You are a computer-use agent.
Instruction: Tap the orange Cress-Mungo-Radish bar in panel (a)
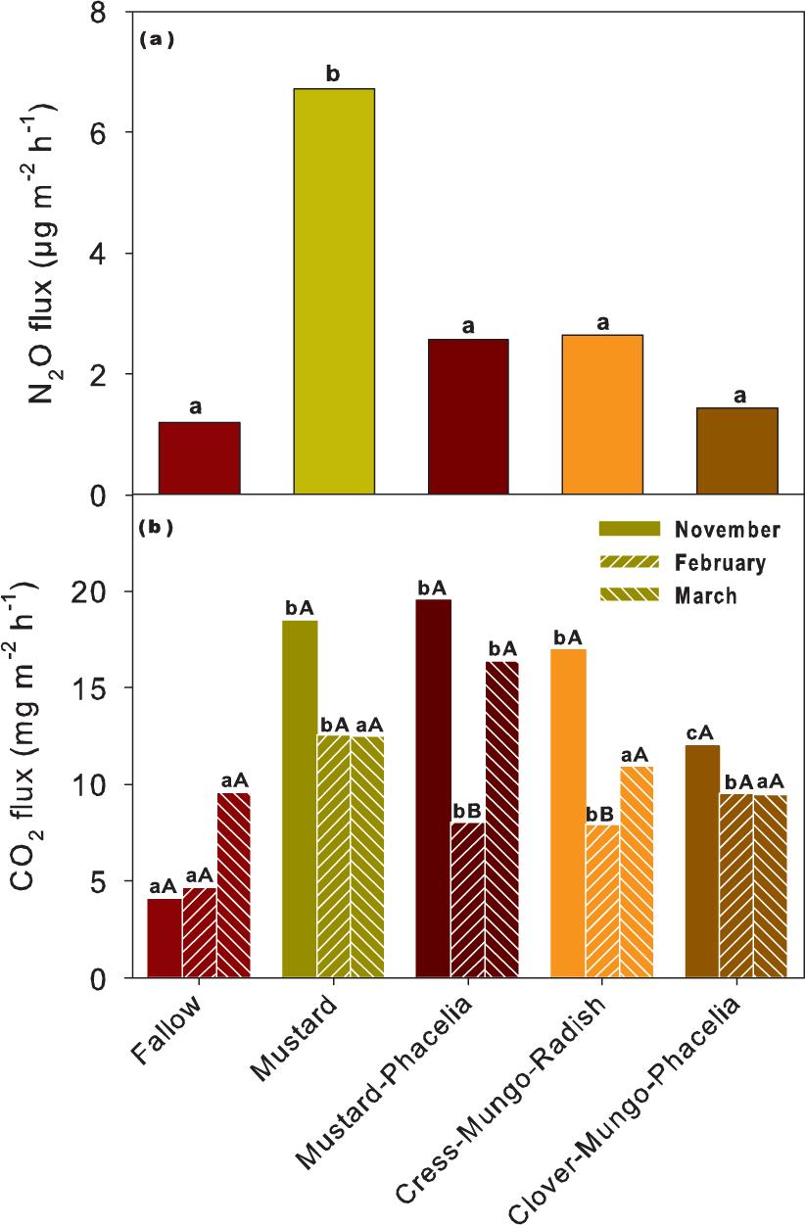click(x=602, y=415)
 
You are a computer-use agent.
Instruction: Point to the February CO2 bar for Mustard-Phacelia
click(x=468, y=900)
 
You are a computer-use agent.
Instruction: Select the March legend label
click(x=705, y=595)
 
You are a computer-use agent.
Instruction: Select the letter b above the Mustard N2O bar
click(x=333, y=73)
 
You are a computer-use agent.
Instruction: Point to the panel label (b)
click(x=157, y=529)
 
